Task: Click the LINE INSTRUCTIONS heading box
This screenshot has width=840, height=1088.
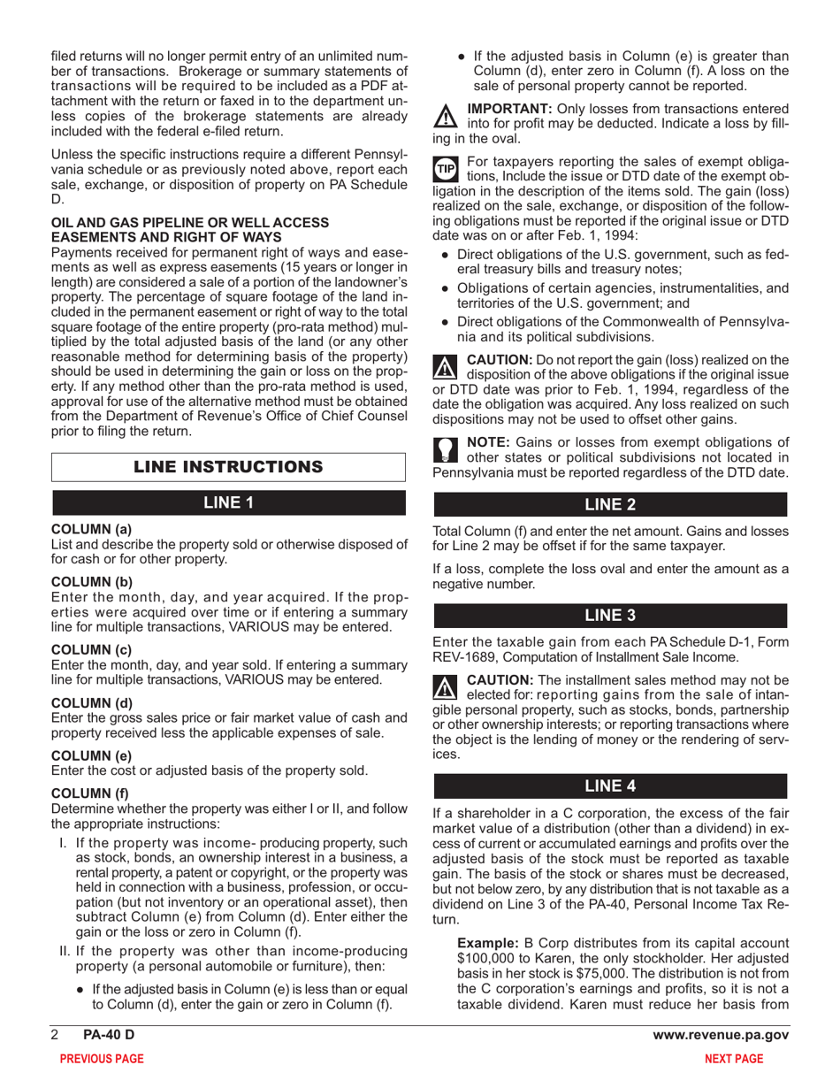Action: [x=229, y=466]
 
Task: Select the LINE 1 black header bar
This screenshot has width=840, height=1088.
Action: [x=229, y=503]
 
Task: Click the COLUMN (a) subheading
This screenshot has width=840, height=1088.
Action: [x=92, y=529]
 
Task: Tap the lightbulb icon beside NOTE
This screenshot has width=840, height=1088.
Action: [x=445, y=449]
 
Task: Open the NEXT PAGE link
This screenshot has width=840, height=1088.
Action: [x=733, y=1059]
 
